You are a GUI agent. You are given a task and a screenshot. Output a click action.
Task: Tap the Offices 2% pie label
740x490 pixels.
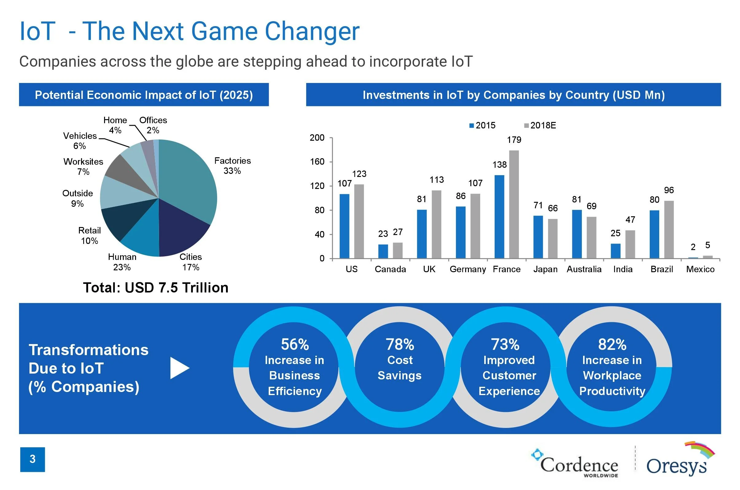click(x=153, y=125)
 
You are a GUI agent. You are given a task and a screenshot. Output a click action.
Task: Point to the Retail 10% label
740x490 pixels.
click(x=90, y=236)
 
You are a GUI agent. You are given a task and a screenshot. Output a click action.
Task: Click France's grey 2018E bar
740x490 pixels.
click(x=514, y=204)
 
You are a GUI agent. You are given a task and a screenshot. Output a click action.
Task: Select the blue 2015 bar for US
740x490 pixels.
click(x=344, y=226)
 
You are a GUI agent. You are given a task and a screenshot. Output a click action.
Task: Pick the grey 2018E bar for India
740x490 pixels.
click(x=630, y=244)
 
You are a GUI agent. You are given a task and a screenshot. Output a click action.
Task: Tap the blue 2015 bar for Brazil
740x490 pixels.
click(x=654, y=234)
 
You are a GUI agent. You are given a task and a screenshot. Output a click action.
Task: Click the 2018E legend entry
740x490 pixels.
click(x=540, y=126)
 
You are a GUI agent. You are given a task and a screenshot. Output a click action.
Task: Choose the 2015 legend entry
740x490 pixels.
click(x=482, y=126)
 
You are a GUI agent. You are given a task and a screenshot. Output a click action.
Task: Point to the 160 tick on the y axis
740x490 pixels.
click(x=317, y=162)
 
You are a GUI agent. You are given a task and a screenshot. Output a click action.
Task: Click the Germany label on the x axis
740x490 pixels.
click(x=468, y=269)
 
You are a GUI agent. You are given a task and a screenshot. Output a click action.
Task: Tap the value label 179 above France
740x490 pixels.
click(x=514, y=140)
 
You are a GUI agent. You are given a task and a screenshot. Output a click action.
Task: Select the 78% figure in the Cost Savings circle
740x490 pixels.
click(x=400, y=344)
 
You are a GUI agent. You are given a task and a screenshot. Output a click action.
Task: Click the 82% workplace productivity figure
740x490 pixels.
click(x=612, y=344)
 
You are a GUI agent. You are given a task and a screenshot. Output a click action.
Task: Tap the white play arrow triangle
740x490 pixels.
click(x=179, y=368)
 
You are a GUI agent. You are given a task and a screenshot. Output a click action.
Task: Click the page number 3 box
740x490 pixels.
click(x=33, y=459)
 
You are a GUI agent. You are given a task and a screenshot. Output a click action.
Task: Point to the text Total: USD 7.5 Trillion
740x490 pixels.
click(x=156, y=288)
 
